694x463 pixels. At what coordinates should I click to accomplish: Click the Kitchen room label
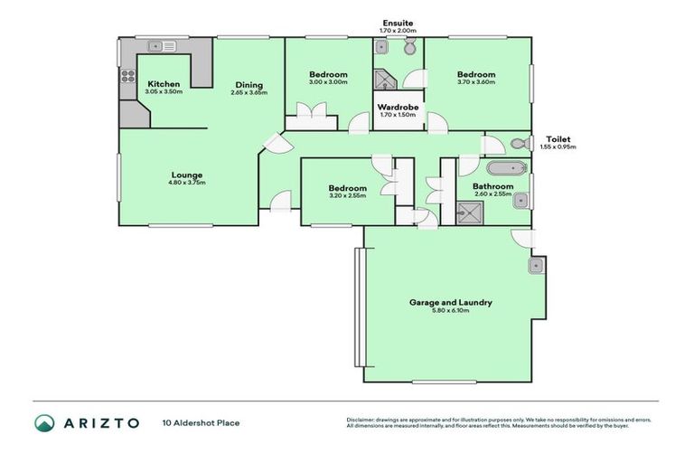pos(164,84)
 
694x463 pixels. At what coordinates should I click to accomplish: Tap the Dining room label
pos(249,85)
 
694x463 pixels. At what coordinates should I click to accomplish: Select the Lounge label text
pos(188,175)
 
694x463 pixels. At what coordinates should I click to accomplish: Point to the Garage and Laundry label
pos(450,303)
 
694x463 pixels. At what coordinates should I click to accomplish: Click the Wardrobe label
pos(399,107)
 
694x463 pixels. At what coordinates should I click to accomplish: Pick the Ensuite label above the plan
pos(399,23)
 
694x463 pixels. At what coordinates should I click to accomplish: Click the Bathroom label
pos(492,186)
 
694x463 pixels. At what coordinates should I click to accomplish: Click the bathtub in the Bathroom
pos(504,168)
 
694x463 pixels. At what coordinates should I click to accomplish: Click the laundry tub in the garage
pos(535,265)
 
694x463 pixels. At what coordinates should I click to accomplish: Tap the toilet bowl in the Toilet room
pos(519,144)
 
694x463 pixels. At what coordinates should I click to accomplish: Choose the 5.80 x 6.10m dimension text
pos(450,311)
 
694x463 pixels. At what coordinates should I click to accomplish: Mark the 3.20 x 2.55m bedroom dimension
pos(347,195)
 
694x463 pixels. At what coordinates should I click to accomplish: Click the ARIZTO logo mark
pos(44,423)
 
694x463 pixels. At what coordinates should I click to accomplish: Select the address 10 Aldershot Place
pos(201,422)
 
